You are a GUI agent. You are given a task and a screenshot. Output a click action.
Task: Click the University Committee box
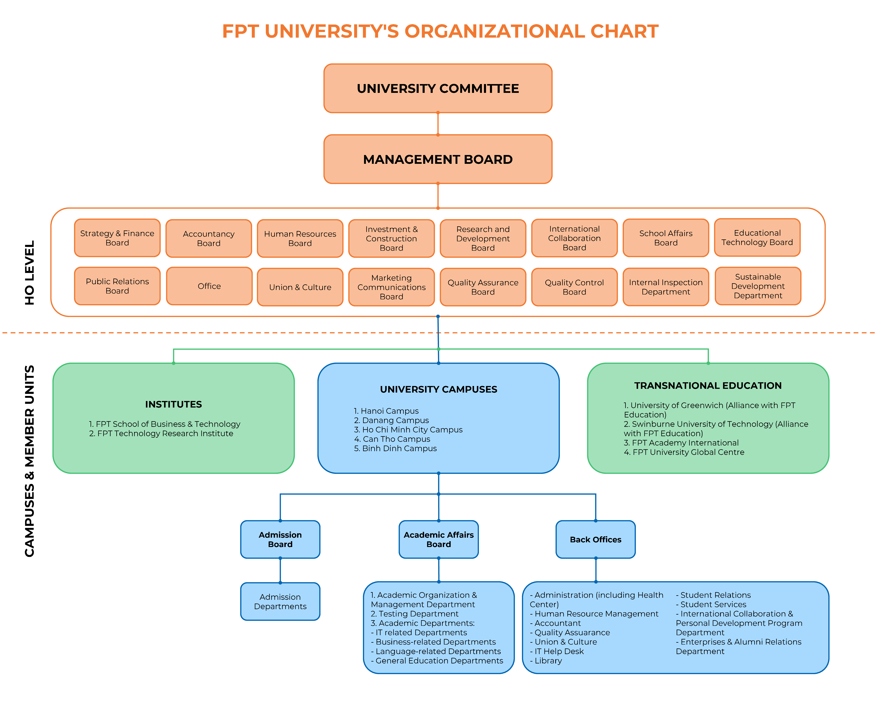[438, 88]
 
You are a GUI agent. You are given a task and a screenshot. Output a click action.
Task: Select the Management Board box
[438, 159]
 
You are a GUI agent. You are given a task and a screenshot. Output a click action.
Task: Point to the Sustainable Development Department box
[758, 286]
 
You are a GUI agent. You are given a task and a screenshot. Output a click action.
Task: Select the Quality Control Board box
[574, 287]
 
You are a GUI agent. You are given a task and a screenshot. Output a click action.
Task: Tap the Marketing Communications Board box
[391, 287]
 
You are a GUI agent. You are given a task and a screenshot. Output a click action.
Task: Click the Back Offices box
[595, 539]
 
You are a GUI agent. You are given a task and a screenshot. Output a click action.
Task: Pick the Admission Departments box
[280, 601]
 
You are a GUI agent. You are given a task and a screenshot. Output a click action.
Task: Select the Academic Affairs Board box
[438, 539]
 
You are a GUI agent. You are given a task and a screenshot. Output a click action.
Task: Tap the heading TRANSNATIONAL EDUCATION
[708, 385]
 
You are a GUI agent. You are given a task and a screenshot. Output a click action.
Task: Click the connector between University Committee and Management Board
[438, 124]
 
